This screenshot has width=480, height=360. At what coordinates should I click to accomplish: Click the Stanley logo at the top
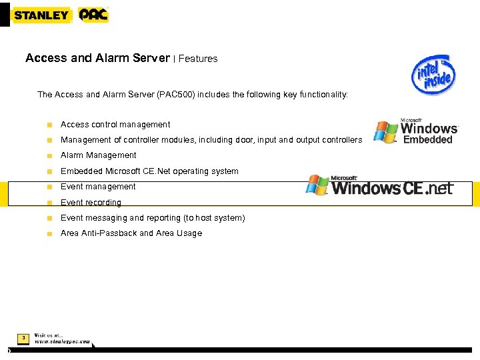coord(42,15)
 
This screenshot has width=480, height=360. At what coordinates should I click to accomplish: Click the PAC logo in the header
coord(93,15)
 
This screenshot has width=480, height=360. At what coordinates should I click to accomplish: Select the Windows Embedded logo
coord(416,131)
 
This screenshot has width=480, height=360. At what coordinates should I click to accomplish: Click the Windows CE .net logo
coord(379,185)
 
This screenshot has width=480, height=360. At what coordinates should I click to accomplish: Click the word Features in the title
coord(198,59)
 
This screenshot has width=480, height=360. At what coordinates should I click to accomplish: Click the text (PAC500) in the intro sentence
coord(176,95)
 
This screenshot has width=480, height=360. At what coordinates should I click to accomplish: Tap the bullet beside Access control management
coord(49,125)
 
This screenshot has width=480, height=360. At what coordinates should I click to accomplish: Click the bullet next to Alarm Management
coord(49,155)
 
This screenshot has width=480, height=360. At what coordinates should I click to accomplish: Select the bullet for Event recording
coord(49,203)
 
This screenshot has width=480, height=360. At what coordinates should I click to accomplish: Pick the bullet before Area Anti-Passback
coord(49,234)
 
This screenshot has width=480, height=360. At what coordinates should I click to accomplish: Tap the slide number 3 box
coord(23,339)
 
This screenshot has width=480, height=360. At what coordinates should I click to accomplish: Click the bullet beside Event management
coord(49,187)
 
